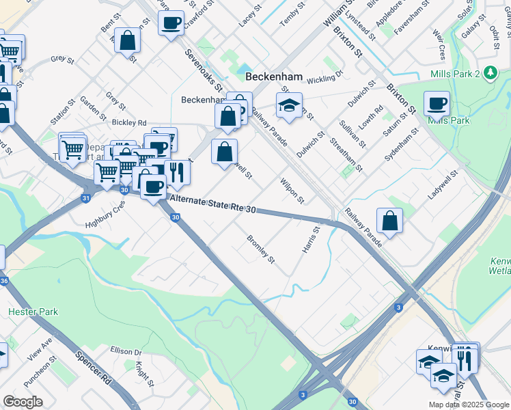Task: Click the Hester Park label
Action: (33, 312)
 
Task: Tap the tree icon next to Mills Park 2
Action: (490, 73)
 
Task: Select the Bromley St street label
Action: (260, 250)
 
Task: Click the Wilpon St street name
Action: (292, 191)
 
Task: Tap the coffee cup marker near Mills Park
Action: (437, 105)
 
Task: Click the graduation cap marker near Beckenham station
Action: (289, 106)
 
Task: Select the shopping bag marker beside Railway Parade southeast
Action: (389, 221)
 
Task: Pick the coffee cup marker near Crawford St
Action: (171, 23)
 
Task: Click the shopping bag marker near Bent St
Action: (128, 40)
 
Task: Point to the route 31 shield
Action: (85, 198)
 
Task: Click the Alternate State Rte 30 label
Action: (212, 204)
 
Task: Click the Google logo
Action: (23, 402)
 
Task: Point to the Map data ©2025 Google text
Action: (468, 405)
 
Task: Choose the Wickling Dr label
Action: (323, 81)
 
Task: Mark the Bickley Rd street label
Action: (129, 123)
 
